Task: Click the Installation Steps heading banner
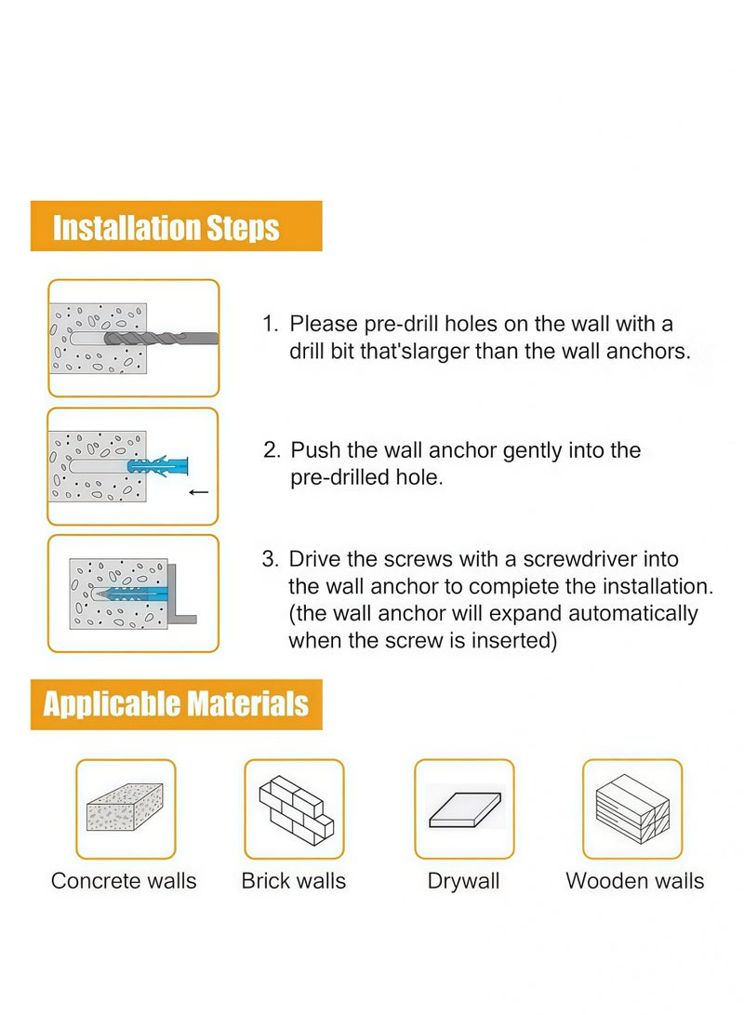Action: click(x=176, y=226)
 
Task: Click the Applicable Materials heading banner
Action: click(x=176, y=704)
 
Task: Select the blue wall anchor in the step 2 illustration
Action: click(x=159, y=465)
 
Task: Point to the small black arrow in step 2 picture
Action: click(x=198, y=492)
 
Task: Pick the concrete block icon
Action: click(x=125, y=808)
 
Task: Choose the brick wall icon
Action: click(x=294, y=808)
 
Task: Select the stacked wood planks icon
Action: click(x=632, y=808)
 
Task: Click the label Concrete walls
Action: click(x=124, y=881)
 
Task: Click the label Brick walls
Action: click(x=294, y=881)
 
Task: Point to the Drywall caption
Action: click(x=463, y=881)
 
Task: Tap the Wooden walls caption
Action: click(x=635, y=881)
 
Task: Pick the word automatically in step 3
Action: click(x=618, y=614)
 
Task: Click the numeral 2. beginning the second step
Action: click(x=272, y=451)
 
